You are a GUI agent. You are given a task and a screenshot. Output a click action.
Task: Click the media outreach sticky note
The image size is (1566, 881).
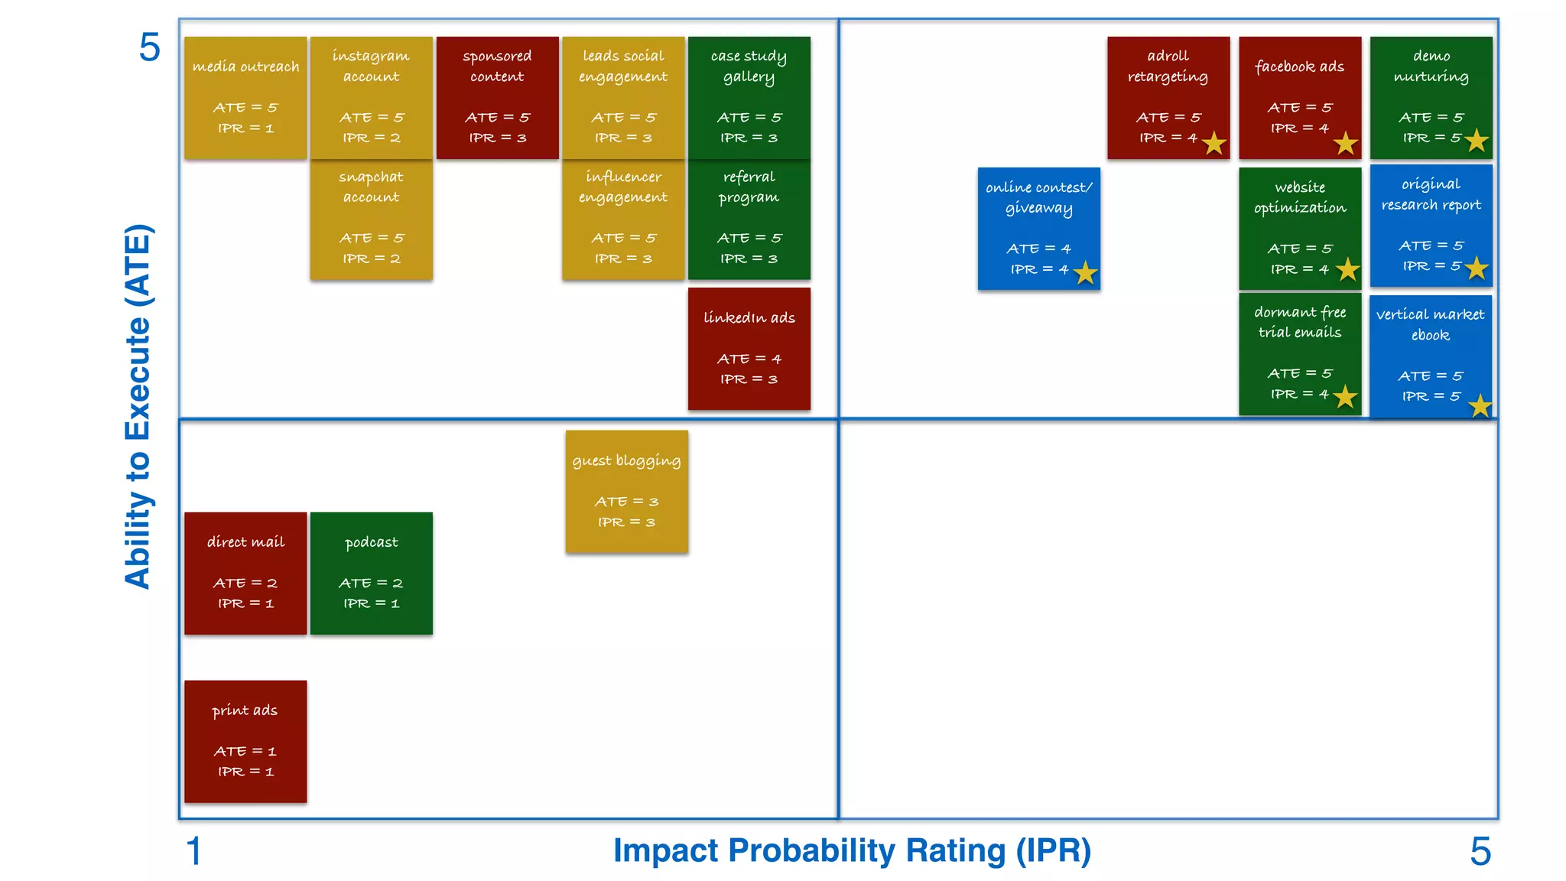coord(245,97)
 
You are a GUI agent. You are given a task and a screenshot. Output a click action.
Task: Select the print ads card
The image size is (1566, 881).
coord(245,741)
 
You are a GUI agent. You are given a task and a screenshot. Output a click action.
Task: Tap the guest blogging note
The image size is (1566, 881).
coord(626,491)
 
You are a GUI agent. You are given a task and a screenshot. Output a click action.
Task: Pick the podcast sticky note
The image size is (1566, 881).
coord(371,573)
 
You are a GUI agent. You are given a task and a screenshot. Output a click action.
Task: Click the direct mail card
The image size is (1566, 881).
coord(245,573)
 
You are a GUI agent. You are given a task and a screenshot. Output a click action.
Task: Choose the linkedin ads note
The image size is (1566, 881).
coord(749,348)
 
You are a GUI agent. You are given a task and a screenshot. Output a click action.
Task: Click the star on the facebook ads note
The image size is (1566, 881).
coord(1345,143)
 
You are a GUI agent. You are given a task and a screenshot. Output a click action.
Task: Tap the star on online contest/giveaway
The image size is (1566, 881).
coord(1085,273)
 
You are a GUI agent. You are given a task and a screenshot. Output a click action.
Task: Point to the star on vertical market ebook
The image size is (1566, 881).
coord(1480,405)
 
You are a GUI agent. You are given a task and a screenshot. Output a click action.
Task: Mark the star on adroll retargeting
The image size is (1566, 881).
coord(1213,143)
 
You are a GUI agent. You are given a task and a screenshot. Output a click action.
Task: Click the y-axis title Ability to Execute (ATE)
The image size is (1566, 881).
coord(138,406)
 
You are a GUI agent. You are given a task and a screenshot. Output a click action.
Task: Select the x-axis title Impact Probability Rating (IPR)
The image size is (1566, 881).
coord(852,850)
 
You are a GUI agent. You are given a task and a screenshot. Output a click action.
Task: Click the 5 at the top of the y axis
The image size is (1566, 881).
coord(149,47)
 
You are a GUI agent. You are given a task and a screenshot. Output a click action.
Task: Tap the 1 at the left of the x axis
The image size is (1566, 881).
coord(194,851)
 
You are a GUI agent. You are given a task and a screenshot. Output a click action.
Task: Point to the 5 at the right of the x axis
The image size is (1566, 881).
coord(1480,851)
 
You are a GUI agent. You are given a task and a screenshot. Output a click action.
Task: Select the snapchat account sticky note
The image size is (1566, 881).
coord(371,219)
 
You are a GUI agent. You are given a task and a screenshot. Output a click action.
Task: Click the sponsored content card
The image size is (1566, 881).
coord(497,97)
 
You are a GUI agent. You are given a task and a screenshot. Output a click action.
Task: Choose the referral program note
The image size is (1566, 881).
coord(749,219)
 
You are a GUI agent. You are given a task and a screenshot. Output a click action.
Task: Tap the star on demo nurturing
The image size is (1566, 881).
coord(1477,141)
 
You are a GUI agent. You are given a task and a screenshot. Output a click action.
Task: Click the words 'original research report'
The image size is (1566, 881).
coord(1431,194)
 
